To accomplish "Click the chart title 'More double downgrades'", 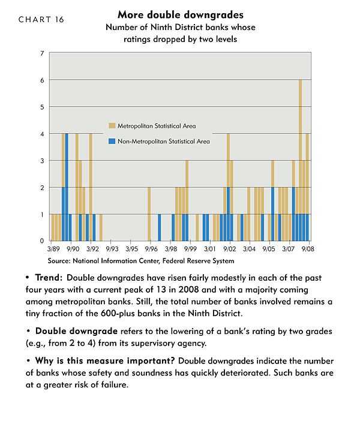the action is [x=181, y=14].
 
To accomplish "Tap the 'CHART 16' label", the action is [x=41, y=19].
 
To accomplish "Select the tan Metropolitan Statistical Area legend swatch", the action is [x=112, y=126].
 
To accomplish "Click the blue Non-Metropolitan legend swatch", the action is [x=112, y=141].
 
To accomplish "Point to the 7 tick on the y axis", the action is [x=42, y=53].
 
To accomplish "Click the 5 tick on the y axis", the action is [x=42, y=107].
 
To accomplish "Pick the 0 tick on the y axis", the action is [x=42, y=240].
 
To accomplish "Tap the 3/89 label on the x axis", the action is [x=53, y=249].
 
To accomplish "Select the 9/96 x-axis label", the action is [x=151, y=249].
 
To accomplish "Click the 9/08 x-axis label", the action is [x=308, y=249].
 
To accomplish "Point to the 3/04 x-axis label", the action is [x=249, y=249].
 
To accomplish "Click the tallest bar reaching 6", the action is [x=300, y=160].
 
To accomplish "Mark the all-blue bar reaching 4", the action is [x=67, y=187].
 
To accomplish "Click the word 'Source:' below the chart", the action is [x=59, y=261].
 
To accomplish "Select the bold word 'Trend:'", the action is [x=49, y=278].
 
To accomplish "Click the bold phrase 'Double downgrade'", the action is [x=76, y=331].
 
